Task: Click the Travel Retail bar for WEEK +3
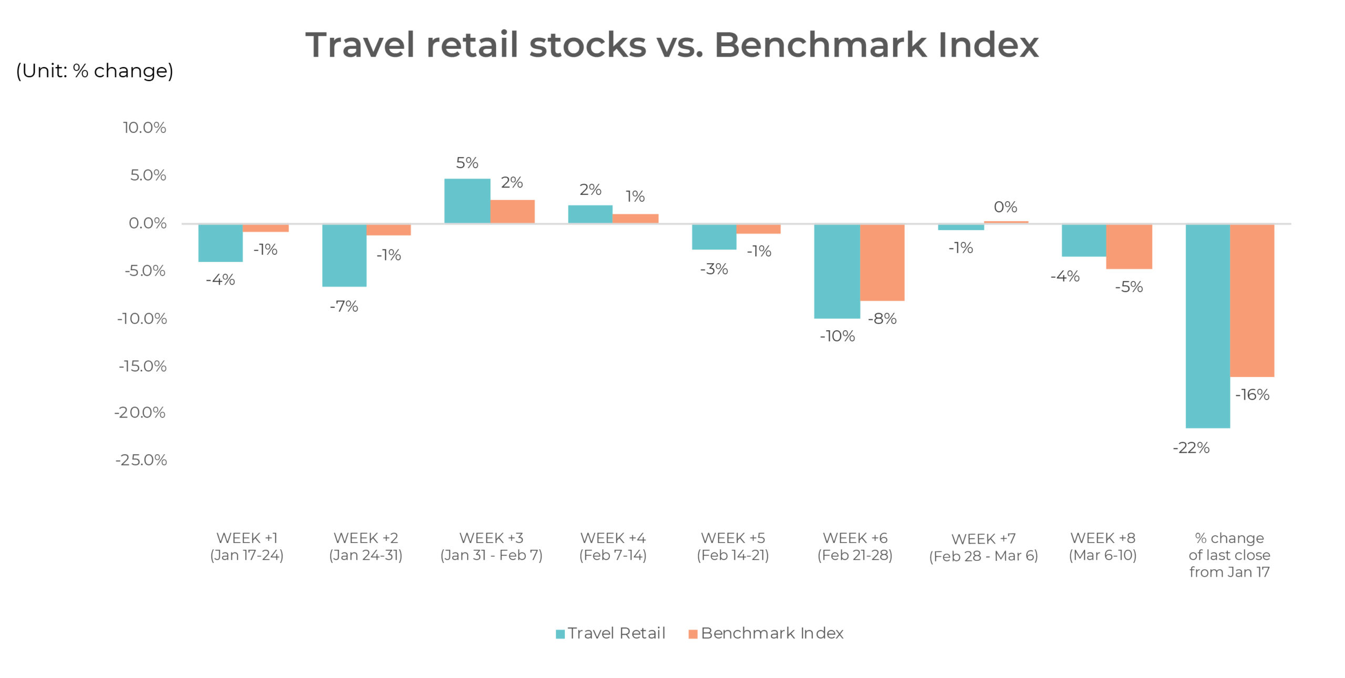pyautogui.click(x=467, y=201)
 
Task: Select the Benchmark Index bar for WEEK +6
pyautogui.click(x=882, y=263)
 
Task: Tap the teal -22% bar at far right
pyautogui.click(x=1207, y=326)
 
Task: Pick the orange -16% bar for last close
pyautogui.click(x=1251, y=300)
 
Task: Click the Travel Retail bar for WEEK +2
pyautogui.click(x=344, y=255)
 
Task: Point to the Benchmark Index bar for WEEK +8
pyautogui.click(x=1129, y=246)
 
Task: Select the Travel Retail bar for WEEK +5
pyautogui.click(x=713, y=237)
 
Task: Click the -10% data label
pyautogui.click(x=837, y=336)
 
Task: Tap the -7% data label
pyautogui.click(x=344, y=306)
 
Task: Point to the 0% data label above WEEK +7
pyautogui.click(x=1005, y=207)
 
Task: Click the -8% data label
pyautogui.click(x=882, y=319)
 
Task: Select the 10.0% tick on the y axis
pyautogui.click(x=144, y=128)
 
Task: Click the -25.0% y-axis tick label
pyautogui.click(x=141, y=460)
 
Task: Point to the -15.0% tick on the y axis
pyautogui.click(x=142, y=366)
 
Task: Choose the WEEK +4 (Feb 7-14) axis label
pyautogui.click(x=613, y=547)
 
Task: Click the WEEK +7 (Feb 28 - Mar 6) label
pyautogui.click(x=983, y=547)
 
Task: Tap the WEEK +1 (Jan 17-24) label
pyautogui.click(x=246, y=547)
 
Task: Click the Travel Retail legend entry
pyautogui.click(x=611, y=633)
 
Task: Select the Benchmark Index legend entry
pyautogui.click(x=766, y=633)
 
